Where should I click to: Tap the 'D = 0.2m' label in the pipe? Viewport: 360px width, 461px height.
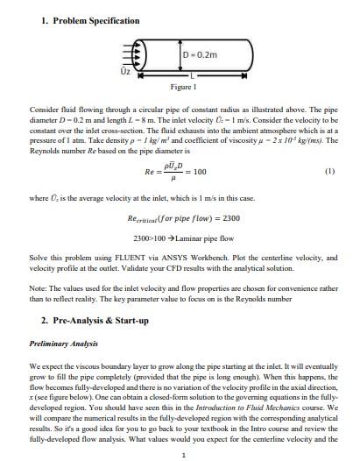click(201, 57)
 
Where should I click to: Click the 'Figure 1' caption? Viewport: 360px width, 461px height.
click(181, 88)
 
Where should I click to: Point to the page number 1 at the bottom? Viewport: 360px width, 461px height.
click(180, 454)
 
